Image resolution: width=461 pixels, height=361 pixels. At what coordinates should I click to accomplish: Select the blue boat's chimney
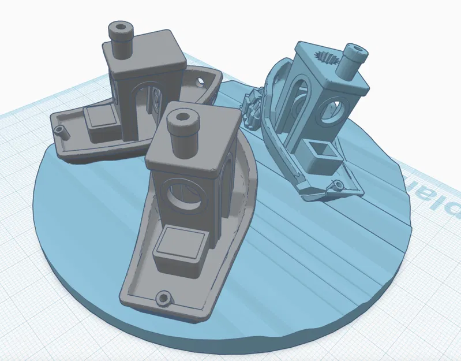pos(353,61)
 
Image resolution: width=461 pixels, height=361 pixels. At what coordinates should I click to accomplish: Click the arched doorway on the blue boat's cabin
pos(300,104)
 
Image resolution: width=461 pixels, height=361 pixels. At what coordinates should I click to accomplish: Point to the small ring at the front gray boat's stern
pos(164,299)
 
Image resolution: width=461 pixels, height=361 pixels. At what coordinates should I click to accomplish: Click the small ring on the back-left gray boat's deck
pos(59,131)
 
